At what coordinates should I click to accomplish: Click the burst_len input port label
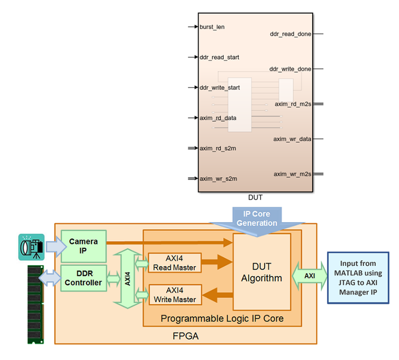(x=212, y=27)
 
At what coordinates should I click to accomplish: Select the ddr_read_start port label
(x=219, y=58)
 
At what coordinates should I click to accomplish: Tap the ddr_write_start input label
(x=220, y=88)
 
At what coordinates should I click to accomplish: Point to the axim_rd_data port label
(x=218, y=118)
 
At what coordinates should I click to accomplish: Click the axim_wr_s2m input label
(x=218, y=179)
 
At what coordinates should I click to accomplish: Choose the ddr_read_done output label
(x=290, y=34)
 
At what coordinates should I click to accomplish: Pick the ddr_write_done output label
(x=290, y=69)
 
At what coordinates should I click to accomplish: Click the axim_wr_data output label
(x=292, y=139)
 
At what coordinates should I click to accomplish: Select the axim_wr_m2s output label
(x=292, y=174)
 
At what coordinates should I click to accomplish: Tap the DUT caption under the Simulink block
(x=255, y=197)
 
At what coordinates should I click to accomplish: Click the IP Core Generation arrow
(x=257, y=219)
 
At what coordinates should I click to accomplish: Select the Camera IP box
(x=84, y=245)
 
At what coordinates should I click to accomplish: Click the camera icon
(x=31, y=247)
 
